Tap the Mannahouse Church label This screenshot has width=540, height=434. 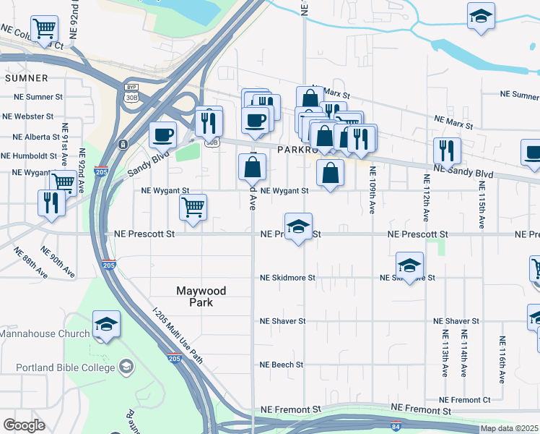point(45,333)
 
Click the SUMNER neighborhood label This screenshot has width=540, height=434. point(27,77)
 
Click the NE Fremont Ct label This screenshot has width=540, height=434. point(464,400)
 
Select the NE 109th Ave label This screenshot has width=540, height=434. point(373,190)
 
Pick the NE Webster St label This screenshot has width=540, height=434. point(27,116)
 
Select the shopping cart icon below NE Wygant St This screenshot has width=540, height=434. point(193,207)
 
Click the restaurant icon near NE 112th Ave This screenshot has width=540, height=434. point(447,150)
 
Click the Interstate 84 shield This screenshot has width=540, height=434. point(396,427)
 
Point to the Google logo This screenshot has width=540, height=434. point(24,425)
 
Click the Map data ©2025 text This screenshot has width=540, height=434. point(510,428)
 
